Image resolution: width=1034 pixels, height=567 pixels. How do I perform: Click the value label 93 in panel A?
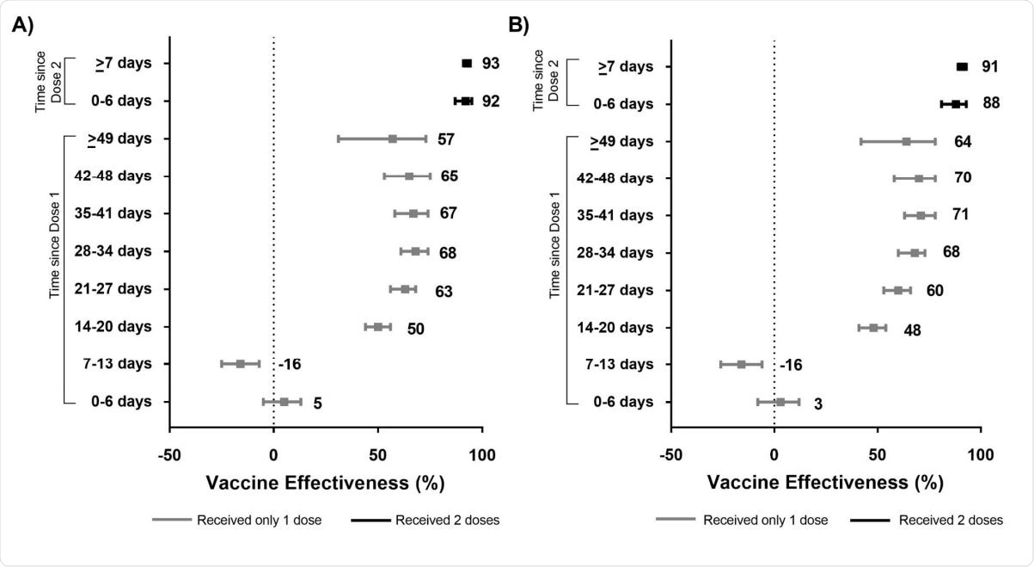[x=491, y=64]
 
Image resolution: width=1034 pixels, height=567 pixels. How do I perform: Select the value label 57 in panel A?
[x=445, y=139]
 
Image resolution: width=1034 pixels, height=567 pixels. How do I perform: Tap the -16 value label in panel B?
[x=791, y=366]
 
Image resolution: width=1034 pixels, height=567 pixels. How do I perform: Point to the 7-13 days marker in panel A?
[x=241, y=364]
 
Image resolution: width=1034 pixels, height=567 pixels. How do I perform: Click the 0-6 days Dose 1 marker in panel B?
[x=780, y=402]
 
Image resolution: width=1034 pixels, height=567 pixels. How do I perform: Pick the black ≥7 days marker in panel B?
[x=962, y=67]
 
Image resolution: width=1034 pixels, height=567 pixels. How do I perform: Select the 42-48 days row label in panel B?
[x=623, y=178]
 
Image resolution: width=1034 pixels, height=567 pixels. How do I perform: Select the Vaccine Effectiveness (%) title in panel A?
[x=325, y=483]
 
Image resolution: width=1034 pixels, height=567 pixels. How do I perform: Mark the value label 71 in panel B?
[x=960, y=214]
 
